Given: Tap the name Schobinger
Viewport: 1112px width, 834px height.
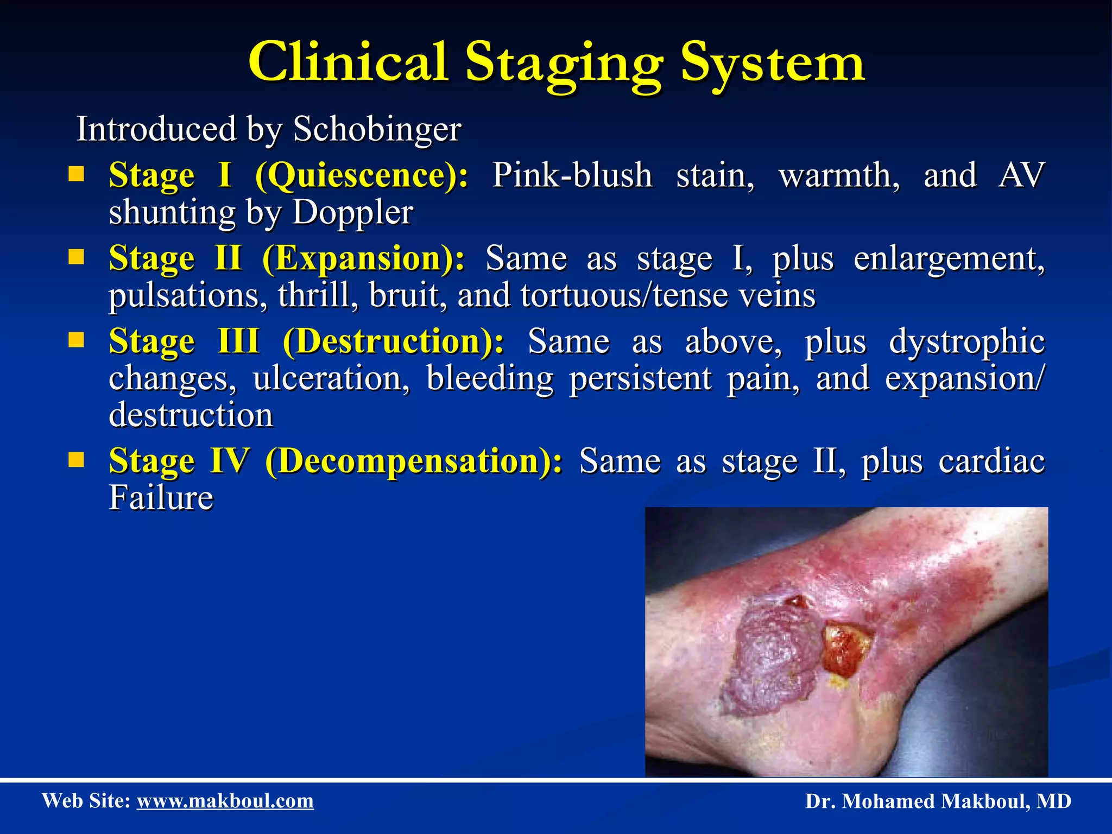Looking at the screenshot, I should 377,130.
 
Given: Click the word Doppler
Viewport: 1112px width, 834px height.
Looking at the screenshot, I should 352,212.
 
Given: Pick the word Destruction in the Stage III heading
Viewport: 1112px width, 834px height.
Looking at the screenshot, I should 389,342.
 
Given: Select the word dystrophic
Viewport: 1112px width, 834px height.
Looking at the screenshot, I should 966,342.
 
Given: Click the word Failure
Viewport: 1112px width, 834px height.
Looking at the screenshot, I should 161,497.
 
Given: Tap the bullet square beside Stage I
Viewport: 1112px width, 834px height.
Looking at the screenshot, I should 77,174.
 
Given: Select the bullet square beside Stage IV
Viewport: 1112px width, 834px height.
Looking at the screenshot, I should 77,460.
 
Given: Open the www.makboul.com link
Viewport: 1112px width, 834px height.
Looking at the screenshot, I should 225,801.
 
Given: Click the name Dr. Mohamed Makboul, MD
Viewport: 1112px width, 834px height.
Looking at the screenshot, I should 938,801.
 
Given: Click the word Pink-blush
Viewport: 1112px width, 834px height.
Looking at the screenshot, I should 572,176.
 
